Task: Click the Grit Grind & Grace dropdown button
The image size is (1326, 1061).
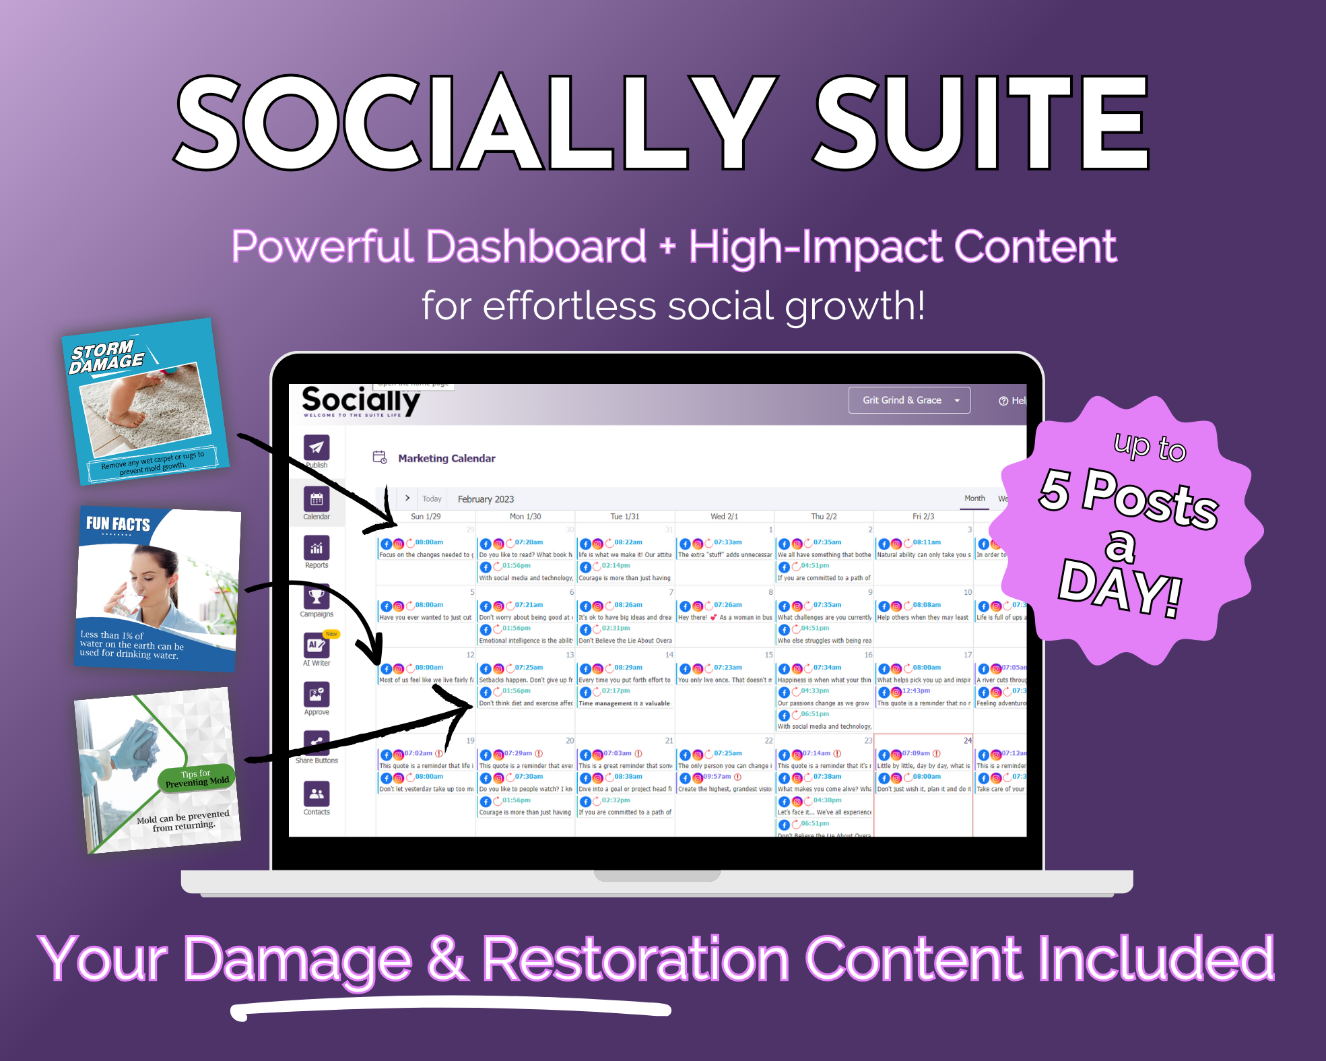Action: point(908,400)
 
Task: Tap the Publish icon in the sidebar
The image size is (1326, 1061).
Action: point(317,447)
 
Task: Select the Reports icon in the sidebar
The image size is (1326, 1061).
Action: point(317,548)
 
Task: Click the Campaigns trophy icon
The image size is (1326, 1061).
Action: point(317,597)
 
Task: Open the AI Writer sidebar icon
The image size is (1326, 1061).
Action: point(317,645)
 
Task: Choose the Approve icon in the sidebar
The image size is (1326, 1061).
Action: point(317,695)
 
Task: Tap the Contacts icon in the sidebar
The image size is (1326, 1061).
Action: point(317,794)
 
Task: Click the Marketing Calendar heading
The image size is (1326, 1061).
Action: point(446,459)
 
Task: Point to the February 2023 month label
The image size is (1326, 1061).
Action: point(486,499)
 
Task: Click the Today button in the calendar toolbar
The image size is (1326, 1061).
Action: point(432,499)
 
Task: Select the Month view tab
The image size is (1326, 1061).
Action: point(974,499)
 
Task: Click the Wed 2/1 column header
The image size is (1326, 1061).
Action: point(724,517)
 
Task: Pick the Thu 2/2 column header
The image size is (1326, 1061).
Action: point(824,517)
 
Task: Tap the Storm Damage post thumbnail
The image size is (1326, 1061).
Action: point(145,402)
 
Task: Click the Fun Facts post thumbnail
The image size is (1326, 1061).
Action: point(158,589)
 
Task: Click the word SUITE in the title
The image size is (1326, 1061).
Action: point(981,123)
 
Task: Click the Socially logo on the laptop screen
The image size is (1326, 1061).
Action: point(361,401)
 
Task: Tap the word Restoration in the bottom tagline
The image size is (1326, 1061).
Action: point(635,959)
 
